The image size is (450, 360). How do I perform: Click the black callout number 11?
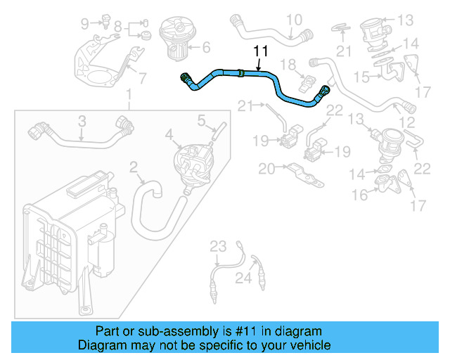pyautogui.click(x=261, y=51)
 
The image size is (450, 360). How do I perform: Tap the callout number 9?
pyautogui.click(x=85, y=24)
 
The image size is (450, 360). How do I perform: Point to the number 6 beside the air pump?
pyautogui.click(x=206, y=49)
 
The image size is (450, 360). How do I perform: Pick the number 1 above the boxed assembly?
pyautogui.click(x=129, y=94)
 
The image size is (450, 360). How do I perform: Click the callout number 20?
pyautogui.click(x=266, y=169)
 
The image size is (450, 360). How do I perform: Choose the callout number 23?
pyautogui.click(x=219, y=246)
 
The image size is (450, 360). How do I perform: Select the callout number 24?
pyautogui.click(x=243, y=279)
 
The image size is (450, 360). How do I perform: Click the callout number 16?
pyautogui.click(x=359, y=195)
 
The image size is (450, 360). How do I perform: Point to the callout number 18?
pyautogui.click(x=288, y=65)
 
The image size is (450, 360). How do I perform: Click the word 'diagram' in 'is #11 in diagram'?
pyautogui.click(x=297, y=331)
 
